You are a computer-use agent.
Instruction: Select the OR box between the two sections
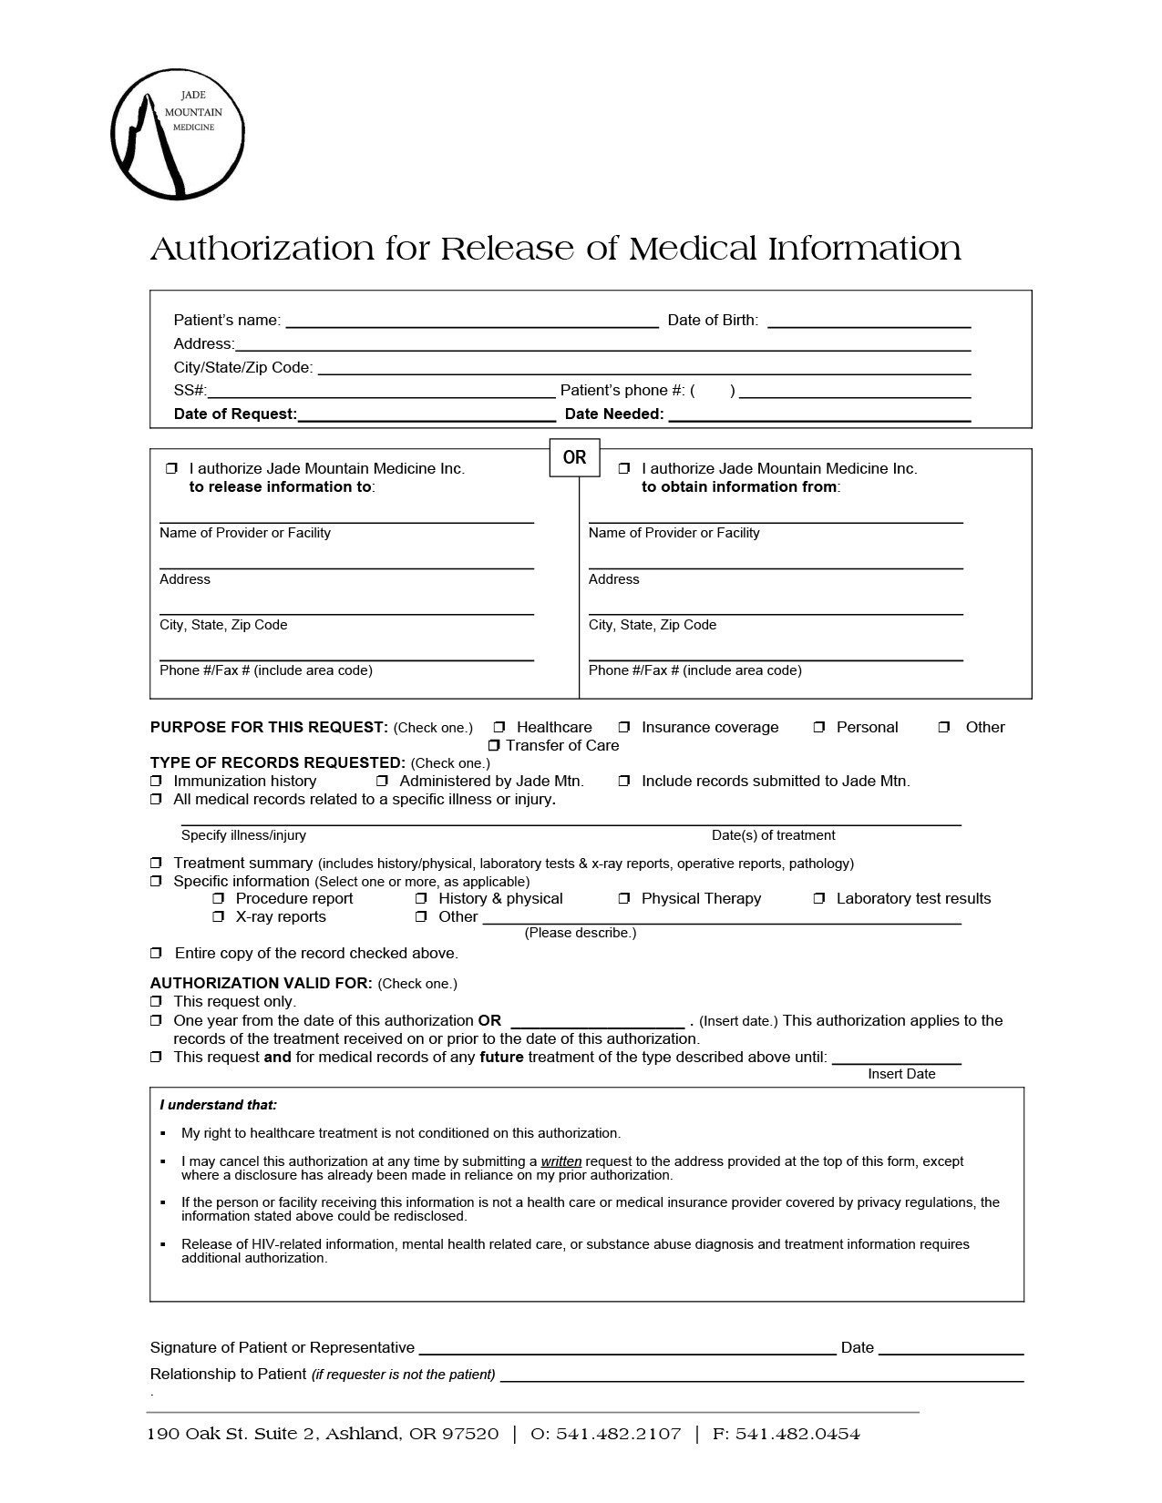(574, 457)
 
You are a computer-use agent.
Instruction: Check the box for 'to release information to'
(171, 468)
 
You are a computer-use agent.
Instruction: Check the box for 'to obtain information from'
(624, 468)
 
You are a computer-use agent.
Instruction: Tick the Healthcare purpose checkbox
(499, 727)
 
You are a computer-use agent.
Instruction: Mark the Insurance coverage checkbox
(624, 727)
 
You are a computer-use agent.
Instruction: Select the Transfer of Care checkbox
(494, 746)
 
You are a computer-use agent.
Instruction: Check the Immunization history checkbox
(156, 781)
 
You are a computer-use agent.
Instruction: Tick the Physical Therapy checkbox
(624, 898)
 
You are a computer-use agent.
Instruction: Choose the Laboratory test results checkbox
(819, 898)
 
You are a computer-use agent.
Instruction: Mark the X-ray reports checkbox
(219, 916)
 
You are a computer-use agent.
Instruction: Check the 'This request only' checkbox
(156, 1001)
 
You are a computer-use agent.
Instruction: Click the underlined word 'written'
(560, 1161)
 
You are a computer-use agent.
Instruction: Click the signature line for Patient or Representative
(627, 1348)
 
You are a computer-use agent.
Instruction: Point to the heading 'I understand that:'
(219, 1105)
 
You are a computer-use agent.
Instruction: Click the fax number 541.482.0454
(797, 1434)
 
